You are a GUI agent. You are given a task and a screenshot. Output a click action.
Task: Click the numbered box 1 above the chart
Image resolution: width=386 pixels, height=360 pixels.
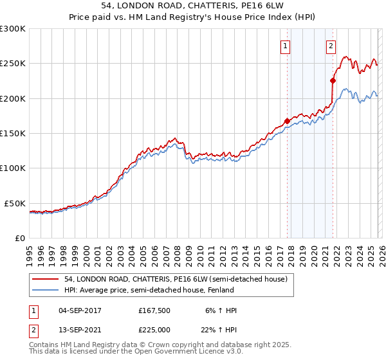tap(284, 46)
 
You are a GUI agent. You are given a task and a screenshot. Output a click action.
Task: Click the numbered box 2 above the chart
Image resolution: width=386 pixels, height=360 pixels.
tap(331, 46)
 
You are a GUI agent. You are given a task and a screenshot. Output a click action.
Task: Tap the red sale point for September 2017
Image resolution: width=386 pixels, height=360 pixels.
tap(287, 121)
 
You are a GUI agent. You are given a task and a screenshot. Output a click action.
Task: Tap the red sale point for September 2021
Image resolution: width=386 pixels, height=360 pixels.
tap(333, 81)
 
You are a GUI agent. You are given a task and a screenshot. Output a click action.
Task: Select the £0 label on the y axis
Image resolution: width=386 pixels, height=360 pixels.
tap(19, 238)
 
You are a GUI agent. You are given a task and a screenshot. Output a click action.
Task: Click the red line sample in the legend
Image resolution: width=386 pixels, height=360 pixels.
tap(46, 279)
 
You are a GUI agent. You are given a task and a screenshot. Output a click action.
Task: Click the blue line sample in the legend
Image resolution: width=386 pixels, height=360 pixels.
tap(46, 290)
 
